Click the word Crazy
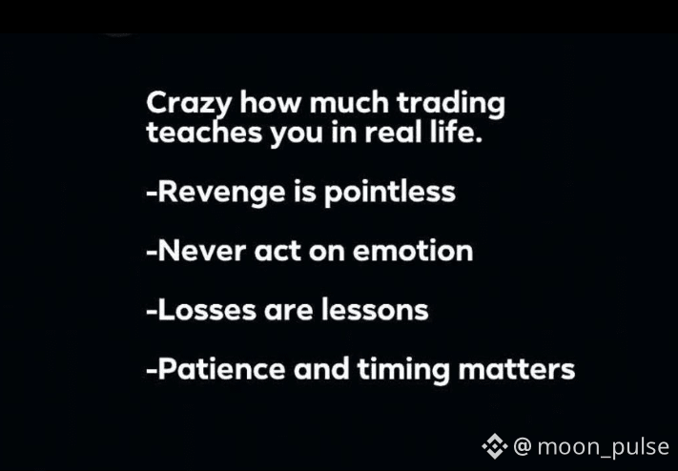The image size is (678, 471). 190,105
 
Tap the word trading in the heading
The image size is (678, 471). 450,105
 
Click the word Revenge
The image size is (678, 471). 222,193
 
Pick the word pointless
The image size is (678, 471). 390,192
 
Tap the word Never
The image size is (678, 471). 202,251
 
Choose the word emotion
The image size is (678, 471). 413,251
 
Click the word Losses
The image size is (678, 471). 207,310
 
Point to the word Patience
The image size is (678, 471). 222,369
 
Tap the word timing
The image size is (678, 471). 403,370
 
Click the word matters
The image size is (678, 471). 516,370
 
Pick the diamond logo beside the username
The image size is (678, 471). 495,446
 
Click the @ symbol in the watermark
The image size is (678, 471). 523,446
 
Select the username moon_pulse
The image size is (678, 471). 604,447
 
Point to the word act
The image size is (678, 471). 277,252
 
